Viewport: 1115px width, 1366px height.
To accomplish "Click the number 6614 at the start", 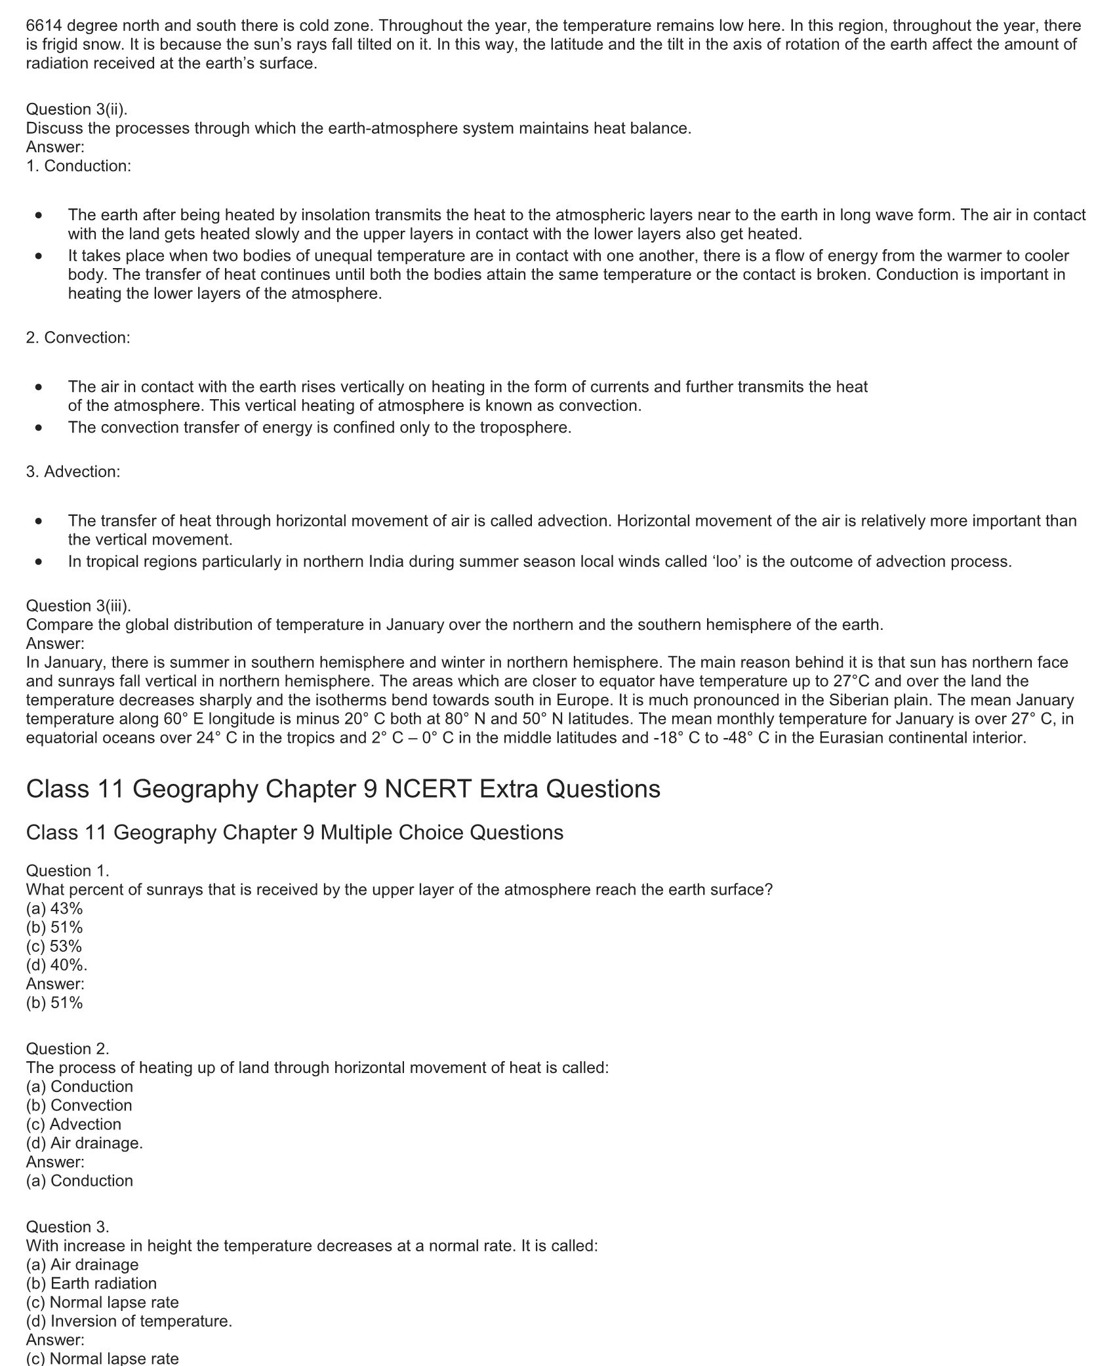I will point(44,26).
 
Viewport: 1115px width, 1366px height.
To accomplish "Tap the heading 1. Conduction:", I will point(79,166).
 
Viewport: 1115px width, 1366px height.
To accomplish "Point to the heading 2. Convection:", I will point(78,338).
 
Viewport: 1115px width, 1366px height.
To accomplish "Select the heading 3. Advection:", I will point(73,472).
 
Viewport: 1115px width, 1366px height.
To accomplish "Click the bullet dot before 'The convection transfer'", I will point(40,428).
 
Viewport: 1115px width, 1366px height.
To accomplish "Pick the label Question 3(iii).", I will point(79,606).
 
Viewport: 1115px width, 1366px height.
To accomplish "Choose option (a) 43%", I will point(54,908).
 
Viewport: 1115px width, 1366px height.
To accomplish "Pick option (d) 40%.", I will point(56,966).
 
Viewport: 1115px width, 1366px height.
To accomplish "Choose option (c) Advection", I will point(73,1124).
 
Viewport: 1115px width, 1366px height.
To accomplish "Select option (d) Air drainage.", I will point(85,1143).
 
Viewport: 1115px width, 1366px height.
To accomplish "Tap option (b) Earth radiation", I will point(91,1283).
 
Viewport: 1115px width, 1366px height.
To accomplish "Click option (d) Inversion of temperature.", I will point(129,1321).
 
